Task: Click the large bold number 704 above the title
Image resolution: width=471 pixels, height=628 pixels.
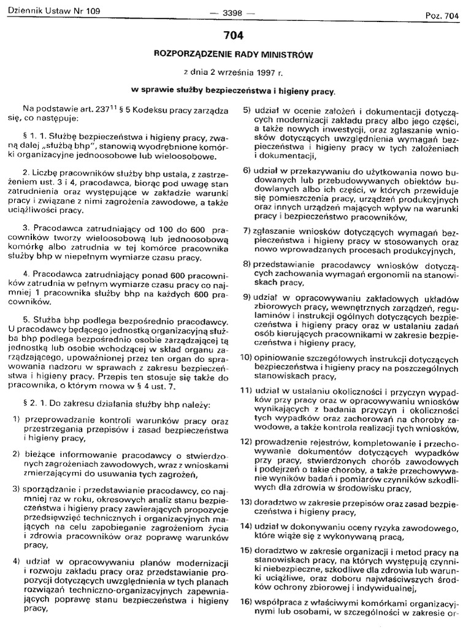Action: [x=233, y=36]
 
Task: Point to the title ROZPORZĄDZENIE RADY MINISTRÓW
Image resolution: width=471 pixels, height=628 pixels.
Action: [x=233, y=55]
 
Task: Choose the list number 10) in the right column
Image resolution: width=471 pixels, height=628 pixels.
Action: [x=246, y=357]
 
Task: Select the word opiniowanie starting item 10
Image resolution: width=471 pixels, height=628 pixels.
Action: [x=280, y=357]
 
